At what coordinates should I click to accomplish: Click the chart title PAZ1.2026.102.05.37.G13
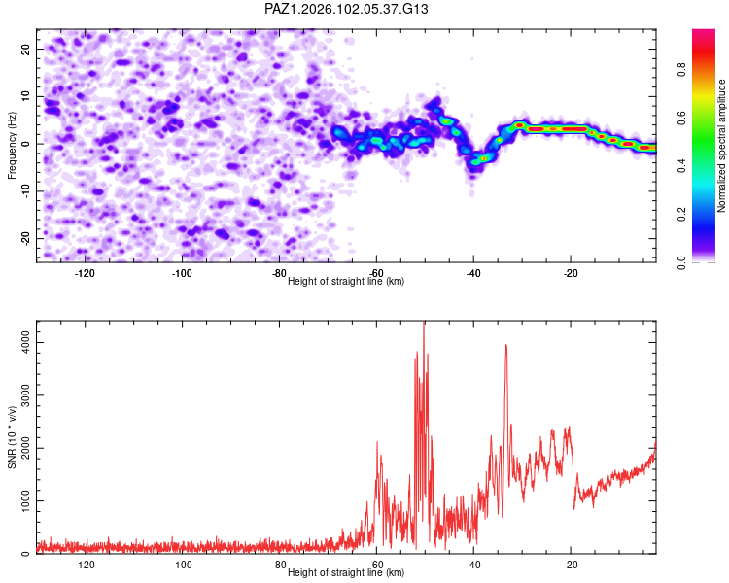pyautogui.click(x=346, y=9)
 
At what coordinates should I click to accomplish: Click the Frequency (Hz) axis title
pyautogui.click(x=12, y=146)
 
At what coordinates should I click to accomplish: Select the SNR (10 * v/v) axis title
pyautogui.click(x=12, y=437)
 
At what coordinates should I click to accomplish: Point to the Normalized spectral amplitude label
pyautogui.click(x=721, y=146)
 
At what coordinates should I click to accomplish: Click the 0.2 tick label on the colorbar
pyautogui.click(x=681, y=215)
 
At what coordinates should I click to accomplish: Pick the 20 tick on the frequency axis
pyautogui.click(x=25, y=49)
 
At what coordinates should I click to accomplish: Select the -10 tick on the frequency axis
pyautogui.click(x=25, y=191)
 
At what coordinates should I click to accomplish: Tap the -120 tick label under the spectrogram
pyautogui.click(x=85, y=273)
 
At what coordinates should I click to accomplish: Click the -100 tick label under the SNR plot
pyautogui.click(x=182, y=565)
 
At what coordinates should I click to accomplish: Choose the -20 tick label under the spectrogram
pyautogui.click(x=571, y=273)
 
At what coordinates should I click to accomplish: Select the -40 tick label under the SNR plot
pyautogui.click(x=473, y=565)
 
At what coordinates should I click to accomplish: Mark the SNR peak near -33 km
pyautogui.click(x=505, y=345)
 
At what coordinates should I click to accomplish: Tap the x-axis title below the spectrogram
pyautogui.click(x=346, y=281)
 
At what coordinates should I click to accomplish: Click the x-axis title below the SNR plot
pyautogui.click(x=346, y=572)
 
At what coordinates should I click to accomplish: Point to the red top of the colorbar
pyautogui.click(x=704, y=32)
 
